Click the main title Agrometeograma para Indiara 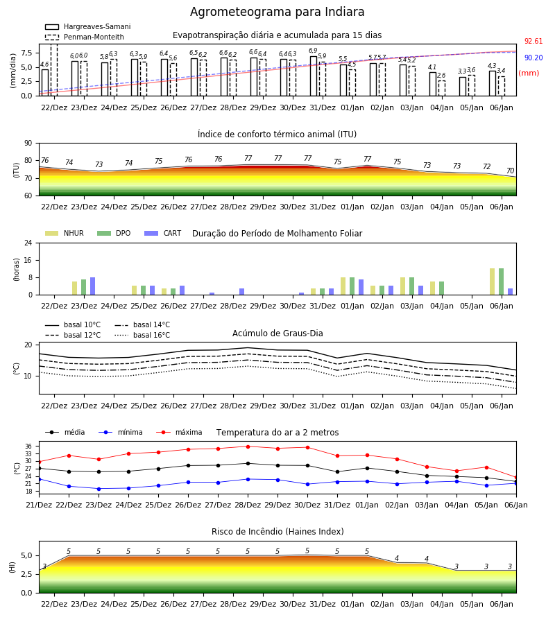(277, 12)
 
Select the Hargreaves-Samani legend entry (87, 26)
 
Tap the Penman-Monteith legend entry (85, 37)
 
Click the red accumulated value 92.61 (533, 41)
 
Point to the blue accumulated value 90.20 (533, 58)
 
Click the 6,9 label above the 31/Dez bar (313, 51)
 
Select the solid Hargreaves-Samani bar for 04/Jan (433, 84)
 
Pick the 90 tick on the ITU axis (28, 144)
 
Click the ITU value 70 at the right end (511, 171)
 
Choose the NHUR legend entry (65, 233)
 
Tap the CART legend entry (163, 233)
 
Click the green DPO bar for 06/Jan (502, 281)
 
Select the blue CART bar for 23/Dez (93, 286)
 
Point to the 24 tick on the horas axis (28, 243)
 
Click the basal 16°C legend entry (142, 335)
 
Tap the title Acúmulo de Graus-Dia (277, 333)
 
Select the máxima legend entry (179, 432)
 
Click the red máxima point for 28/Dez (248, 447)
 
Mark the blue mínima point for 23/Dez (99, 489)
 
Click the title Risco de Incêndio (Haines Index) (277, 531)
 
